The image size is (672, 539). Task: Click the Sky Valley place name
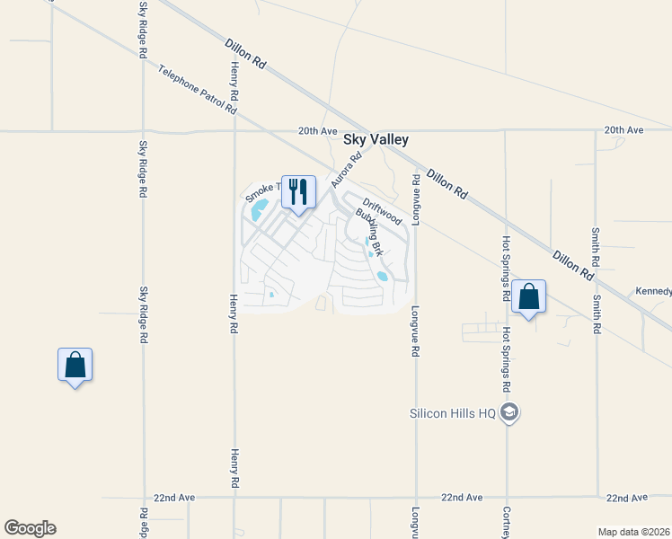pos(376,139)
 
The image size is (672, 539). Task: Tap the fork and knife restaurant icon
pos(298,191)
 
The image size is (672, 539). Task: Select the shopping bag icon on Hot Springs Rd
pos(528,296)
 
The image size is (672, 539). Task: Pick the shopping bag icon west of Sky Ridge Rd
pos(75,365)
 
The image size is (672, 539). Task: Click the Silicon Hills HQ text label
pos(453,413)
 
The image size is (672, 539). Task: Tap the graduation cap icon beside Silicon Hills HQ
pos(510,413)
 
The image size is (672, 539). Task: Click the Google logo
pos(30,528)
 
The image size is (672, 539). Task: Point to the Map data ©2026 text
pos(633,532)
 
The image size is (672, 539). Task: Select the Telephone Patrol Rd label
pos(196,89)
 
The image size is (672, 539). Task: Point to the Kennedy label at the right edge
pos(653,291)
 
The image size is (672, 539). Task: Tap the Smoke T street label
pos(263,190)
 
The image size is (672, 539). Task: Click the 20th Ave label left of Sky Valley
pos(317,130)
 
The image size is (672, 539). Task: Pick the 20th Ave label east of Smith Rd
pos(623,130)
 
